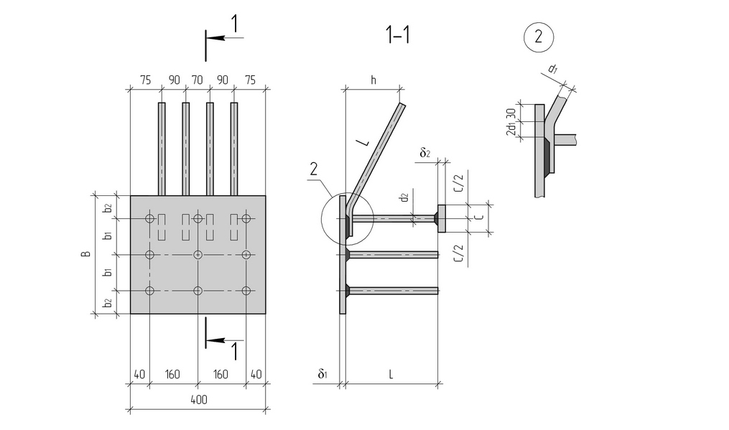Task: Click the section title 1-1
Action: [x=397, y=35]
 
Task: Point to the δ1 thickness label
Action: [x=324, y=375]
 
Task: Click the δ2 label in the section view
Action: [x=425, y=153]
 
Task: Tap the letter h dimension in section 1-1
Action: [x=373, y=80]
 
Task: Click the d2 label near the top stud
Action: [x=404, y=196]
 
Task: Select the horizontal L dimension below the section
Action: [x=391, y=375]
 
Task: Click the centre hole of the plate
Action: [x=198, y=255]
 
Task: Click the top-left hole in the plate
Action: [x=149, y=218]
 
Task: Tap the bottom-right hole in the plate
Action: [x=246, y=291]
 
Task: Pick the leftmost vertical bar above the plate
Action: [x=162, y=149]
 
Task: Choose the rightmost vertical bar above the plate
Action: [x=234, y=149]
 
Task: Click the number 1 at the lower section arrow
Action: [x=233, y=351]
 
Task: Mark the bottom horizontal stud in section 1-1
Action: [x=393, y=291]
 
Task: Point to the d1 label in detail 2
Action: [x=552, y=70]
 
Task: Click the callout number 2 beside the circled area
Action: [x=313, y=169]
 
